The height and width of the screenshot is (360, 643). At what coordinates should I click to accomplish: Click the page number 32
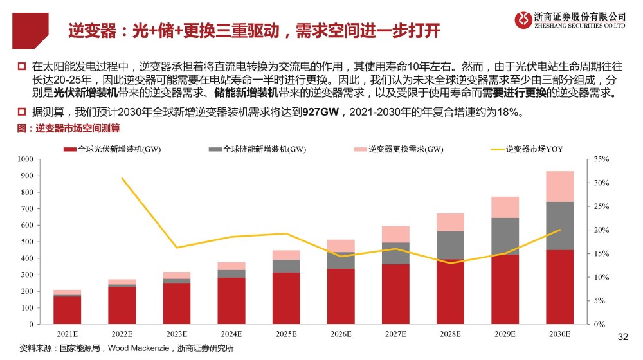(x=622, y=336)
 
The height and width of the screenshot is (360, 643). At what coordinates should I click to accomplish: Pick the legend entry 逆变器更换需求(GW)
(x=399, y=149)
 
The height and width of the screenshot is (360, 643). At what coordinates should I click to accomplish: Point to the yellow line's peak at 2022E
(x=122, y=178)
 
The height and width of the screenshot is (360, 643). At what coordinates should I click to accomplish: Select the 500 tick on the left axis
(x=26, y=241)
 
